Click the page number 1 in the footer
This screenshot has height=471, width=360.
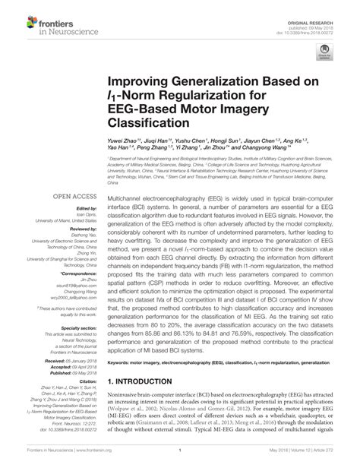[179, 462]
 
